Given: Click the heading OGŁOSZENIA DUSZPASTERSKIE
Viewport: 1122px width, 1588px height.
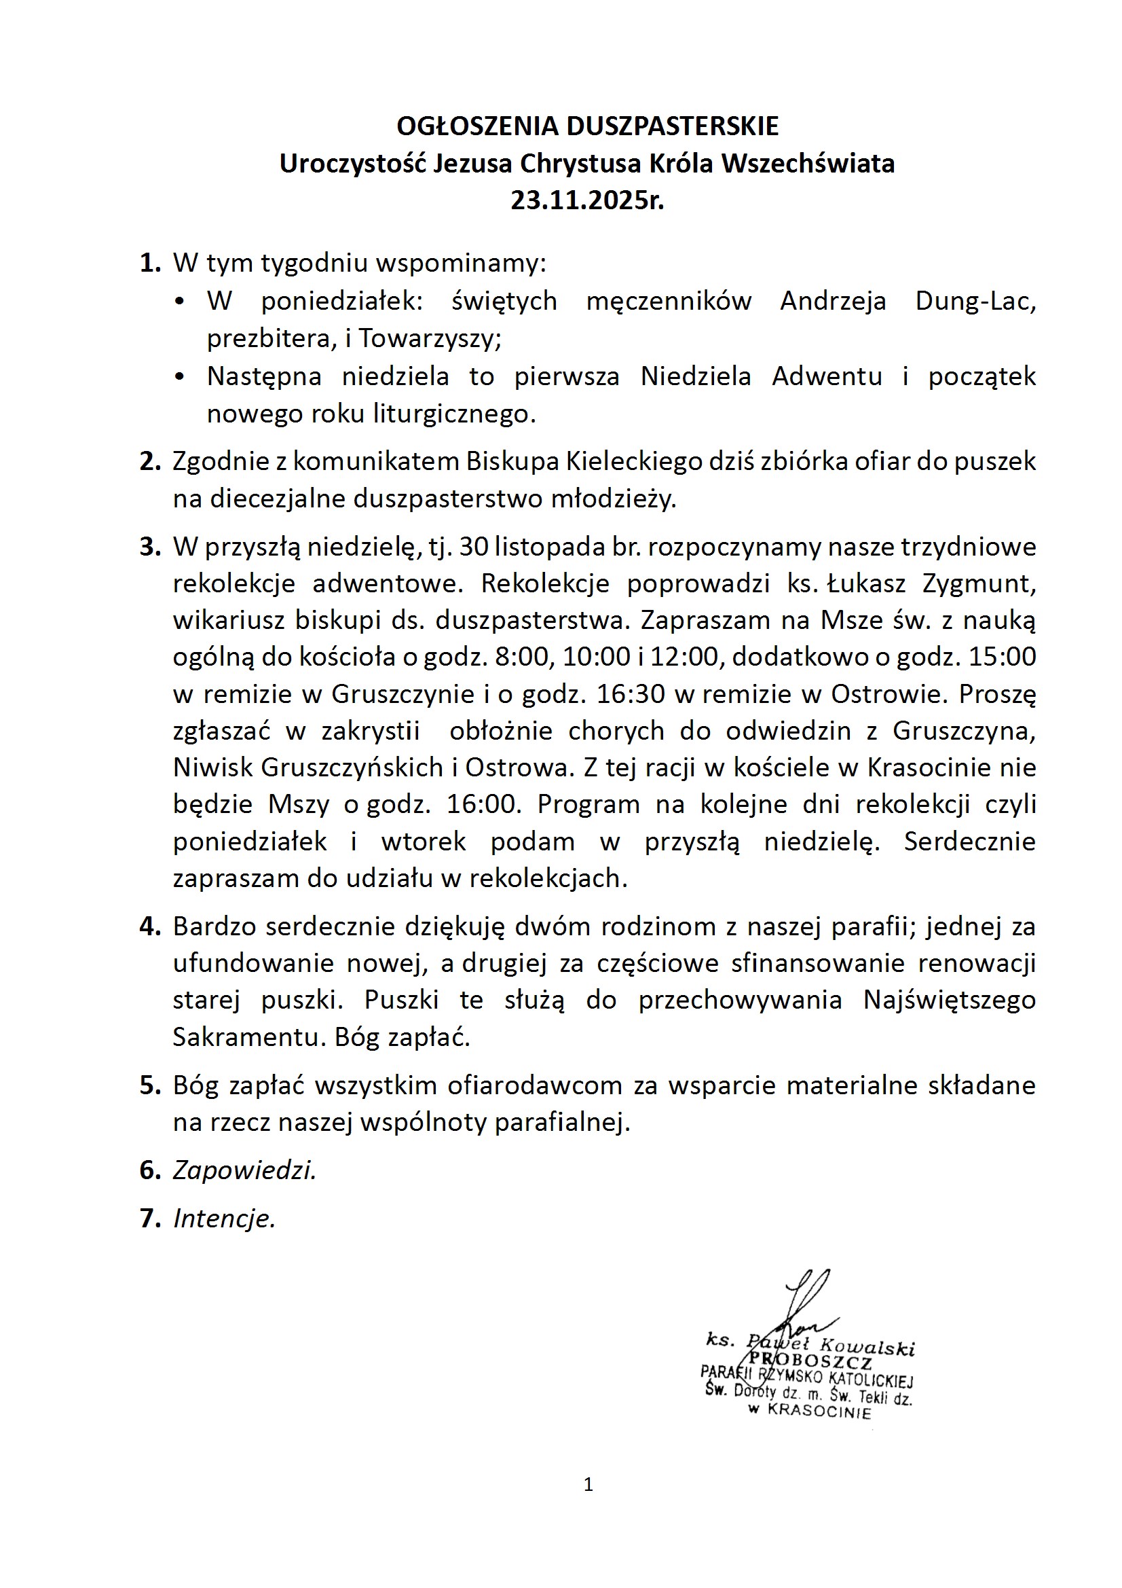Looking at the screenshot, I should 588,126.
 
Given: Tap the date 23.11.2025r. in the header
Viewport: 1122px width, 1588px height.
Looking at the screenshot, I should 588,200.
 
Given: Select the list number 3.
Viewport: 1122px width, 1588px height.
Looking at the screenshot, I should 149,546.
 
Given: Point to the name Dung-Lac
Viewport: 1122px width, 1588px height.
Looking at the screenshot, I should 975,301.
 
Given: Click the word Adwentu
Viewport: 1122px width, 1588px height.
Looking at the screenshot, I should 827,376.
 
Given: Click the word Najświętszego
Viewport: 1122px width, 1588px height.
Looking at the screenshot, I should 949,1000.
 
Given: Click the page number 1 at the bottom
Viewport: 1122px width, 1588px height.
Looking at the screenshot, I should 588,1484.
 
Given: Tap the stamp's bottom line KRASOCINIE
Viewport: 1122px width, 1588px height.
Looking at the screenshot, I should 819,1411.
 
